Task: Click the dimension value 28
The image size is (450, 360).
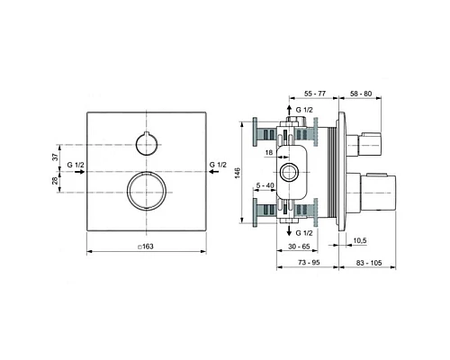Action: tap(55, 184)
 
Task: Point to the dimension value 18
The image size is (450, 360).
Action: tap(269, 154)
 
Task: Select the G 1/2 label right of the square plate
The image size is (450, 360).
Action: tap(218, 166)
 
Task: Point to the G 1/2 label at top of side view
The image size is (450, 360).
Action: tap(306, 110)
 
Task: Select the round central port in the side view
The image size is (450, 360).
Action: tap(291, 171)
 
